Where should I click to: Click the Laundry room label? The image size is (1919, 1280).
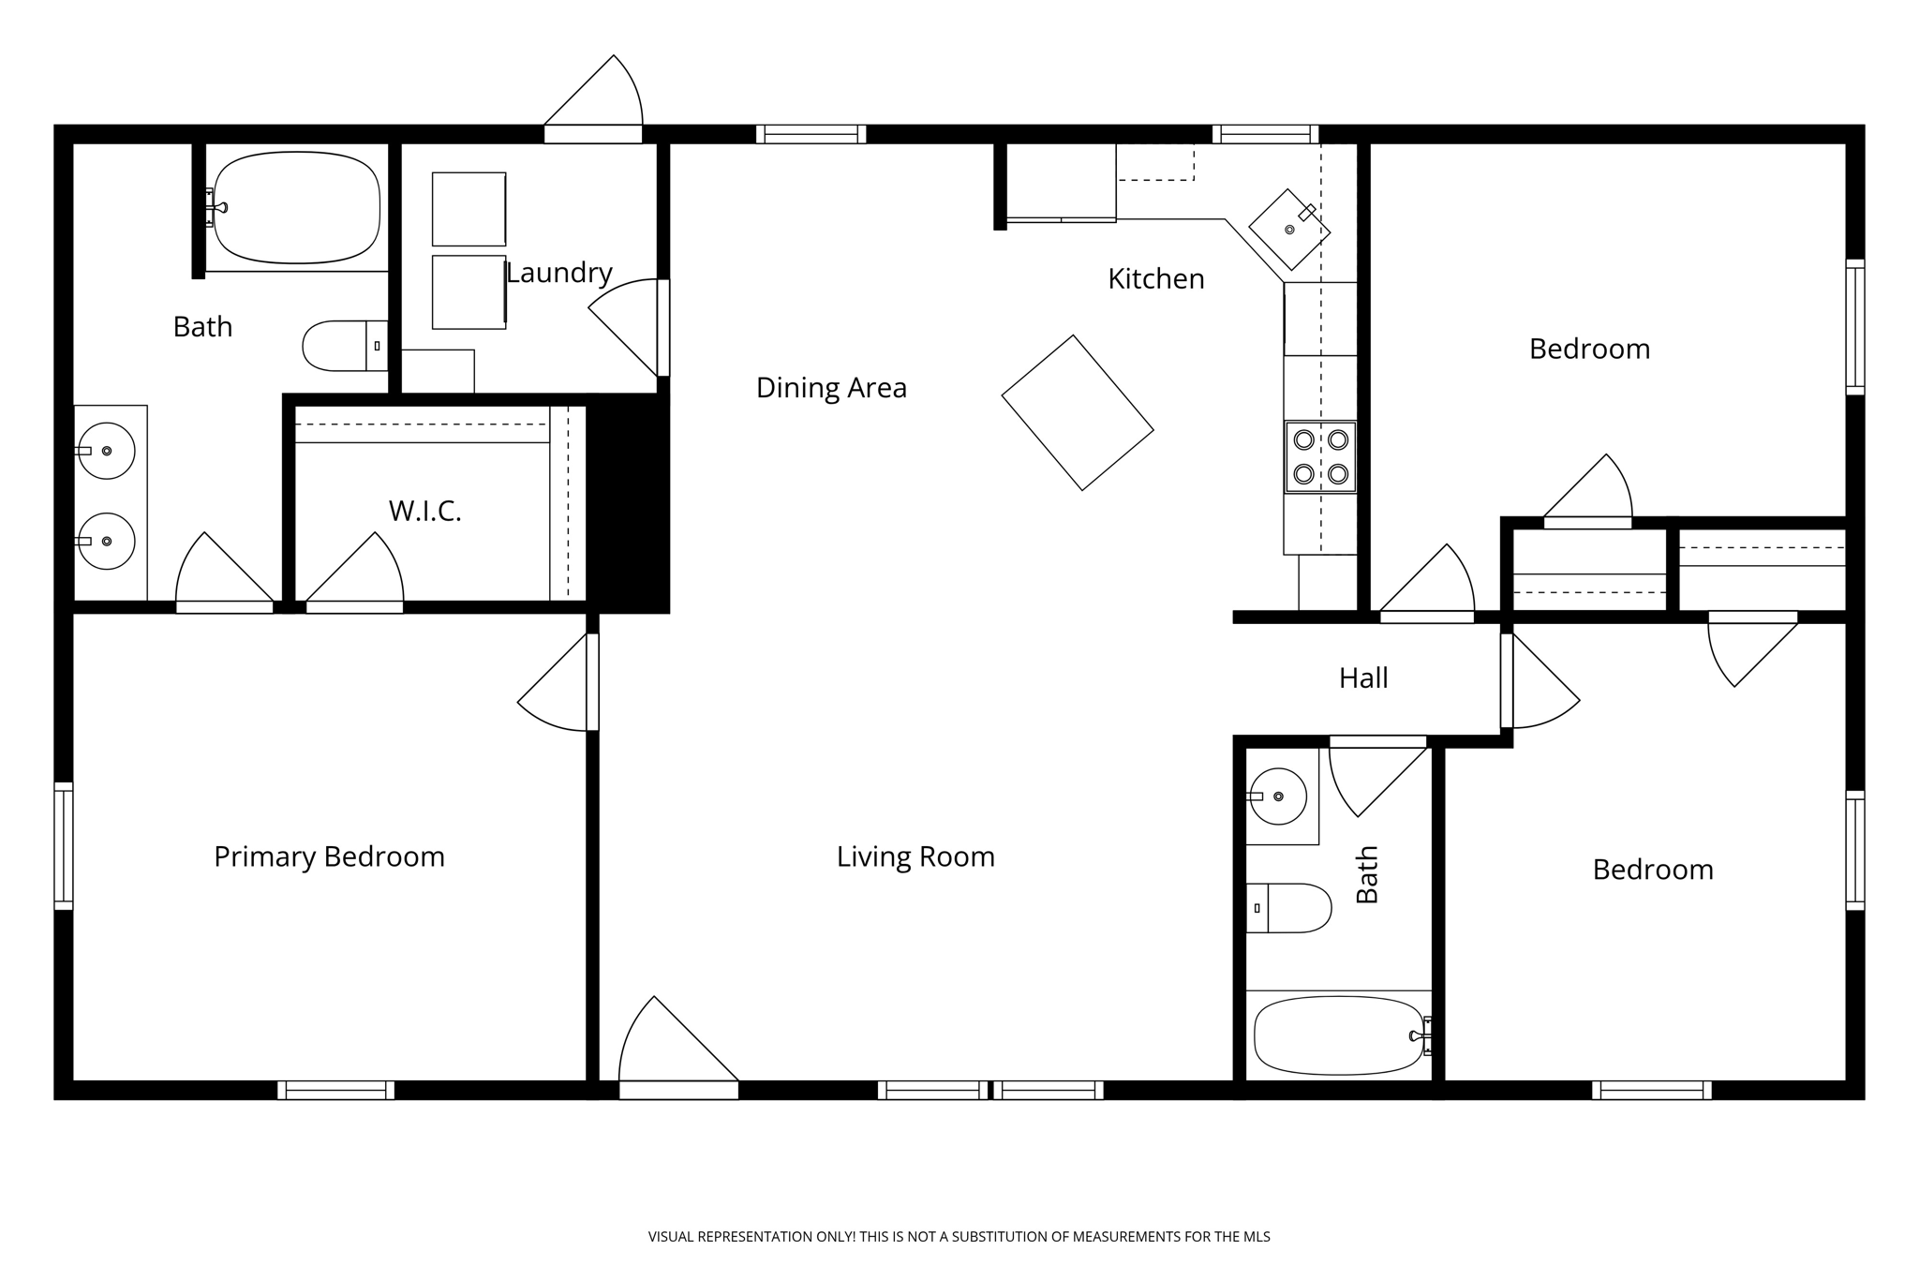coord(558,273)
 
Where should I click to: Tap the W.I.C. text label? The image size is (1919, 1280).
coord(424,511)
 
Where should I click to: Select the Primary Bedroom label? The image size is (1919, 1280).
coord(329,856)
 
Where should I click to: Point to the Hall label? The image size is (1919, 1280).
coord(1362,677)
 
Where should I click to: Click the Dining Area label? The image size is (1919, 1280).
coord(831,387)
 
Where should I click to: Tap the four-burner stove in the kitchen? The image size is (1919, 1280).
coord(1320,456)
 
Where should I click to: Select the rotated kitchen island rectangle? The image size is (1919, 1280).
coord(1078,412)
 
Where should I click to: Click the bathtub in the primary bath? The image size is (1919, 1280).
coord(297,207)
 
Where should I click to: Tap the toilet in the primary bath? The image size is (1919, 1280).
coord(343,346)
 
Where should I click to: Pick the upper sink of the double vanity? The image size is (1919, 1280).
coord(106,451)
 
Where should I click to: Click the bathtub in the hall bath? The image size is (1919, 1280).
coord(1339,1035)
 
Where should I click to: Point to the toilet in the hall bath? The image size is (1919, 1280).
coord(1289,908)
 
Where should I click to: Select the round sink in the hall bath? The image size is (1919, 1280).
coord(1278,796)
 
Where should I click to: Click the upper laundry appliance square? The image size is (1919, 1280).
coord(469,209)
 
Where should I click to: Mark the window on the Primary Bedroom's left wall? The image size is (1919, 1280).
coord(64,846)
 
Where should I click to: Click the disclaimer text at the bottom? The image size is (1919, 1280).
coord(959,1237)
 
